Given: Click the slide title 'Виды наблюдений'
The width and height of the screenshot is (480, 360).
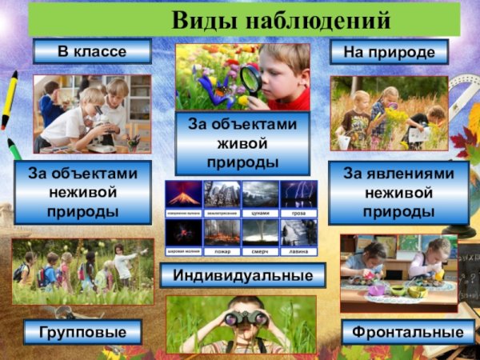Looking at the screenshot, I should tap(281, 18).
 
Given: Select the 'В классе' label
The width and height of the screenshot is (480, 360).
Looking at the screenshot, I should tap(92, 52).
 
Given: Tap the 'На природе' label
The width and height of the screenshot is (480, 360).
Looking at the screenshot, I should tap(389, 52).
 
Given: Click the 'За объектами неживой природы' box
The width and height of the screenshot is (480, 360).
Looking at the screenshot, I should tap(82, 192).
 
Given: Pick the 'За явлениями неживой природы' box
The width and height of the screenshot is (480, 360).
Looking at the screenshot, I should tap(398, 192).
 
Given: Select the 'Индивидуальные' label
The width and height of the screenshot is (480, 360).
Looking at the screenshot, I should tap(243, 276).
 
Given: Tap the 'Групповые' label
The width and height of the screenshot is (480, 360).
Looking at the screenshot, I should tap(82, 331).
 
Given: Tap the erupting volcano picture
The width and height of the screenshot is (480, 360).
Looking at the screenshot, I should tap(183, 194).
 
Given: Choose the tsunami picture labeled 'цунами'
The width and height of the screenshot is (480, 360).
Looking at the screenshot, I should tap(260, 194).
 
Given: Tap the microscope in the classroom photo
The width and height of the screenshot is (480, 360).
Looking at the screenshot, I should tap(101, 133).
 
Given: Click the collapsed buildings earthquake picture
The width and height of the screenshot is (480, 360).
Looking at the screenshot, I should tap(222, 194).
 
